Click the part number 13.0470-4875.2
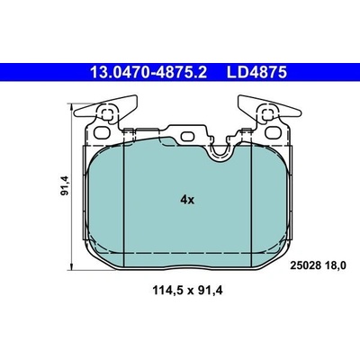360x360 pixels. pyautogui.click(x=148, y=72)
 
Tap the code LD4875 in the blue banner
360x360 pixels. pyautogui.click(x=256, y=72)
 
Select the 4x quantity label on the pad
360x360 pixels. pyautogui.click(x=187, y=200)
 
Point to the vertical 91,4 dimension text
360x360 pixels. pyautogui.click(x=65, y=185)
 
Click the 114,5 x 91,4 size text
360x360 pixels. pyautogui.click(x=188, y=291)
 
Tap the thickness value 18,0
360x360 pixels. pyautogui.click(x=335, y=265)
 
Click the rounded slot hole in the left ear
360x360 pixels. pyautogui.click(x=101, y=132)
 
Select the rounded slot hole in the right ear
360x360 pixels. pyautogui.click(x=273, y=132)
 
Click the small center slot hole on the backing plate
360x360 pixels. pyautogui.click(x=187, y=137)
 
